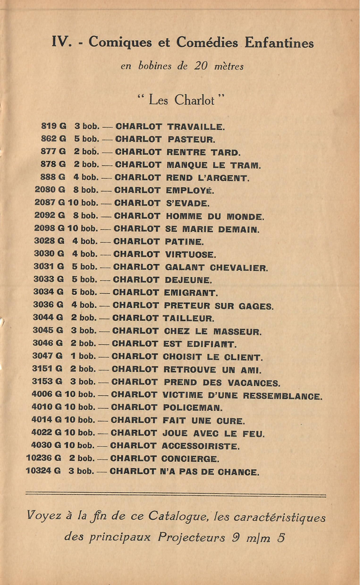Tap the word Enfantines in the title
[278, 43]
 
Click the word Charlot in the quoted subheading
[195, 100]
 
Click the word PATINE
[185, 242]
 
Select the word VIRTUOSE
[190, 255]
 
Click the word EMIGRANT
[191, 293]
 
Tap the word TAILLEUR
[188, 318]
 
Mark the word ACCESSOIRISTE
[200, 446]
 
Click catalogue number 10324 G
[43, 471]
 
